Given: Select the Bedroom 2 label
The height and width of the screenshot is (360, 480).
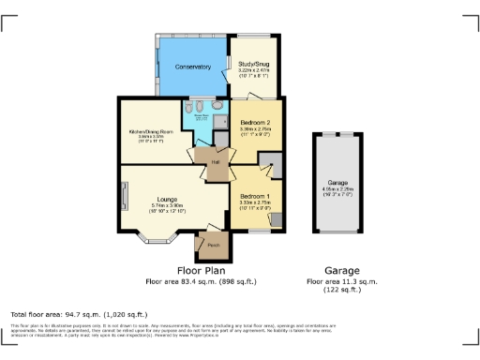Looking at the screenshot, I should pyautogui.click(x=254, y=124).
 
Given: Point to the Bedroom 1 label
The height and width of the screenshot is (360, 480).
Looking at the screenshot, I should pyautogui.click(x=255, y=193).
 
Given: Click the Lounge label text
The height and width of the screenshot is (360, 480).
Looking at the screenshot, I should pyautogui.click(x=166, y=199).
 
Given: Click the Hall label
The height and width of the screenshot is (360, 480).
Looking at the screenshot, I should pyautogui.click(x=216, y=162).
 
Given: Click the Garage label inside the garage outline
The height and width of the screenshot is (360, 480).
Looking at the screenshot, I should pyautogui.click(x=338, y=182).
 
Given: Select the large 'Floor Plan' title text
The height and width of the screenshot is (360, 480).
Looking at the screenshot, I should pyautogui.click(x=202, y=269).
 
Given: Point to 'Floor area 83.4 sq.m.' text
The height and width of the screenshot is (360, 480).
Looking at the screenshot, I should pyautogui.click(x=201, y=280).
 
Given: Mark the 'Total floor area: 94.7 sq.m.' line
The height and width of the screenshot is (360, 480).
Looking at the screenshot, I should pyautogui.click(x=79, y=313).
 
